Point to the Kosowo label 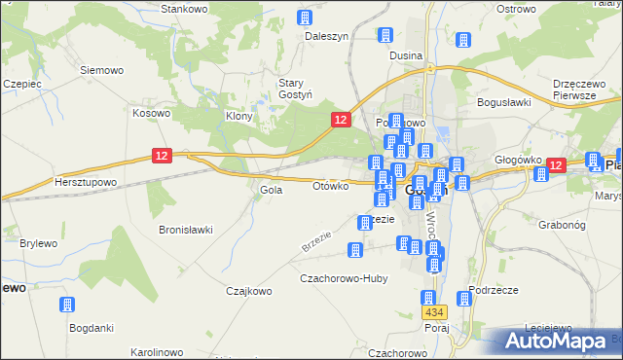pos(151,113)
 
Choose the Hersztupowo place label pos(86,182)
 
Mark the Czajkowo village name pos(247,290)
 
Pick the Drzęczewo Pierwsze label pos(580,90)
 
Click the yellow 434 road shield pos(435,312)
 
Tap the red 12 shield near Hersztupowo pos(162,155)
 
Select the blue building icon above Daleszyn pos(305,18)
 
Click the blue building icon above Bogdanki pos(67,306)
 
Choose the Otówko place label pos(331,186)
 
